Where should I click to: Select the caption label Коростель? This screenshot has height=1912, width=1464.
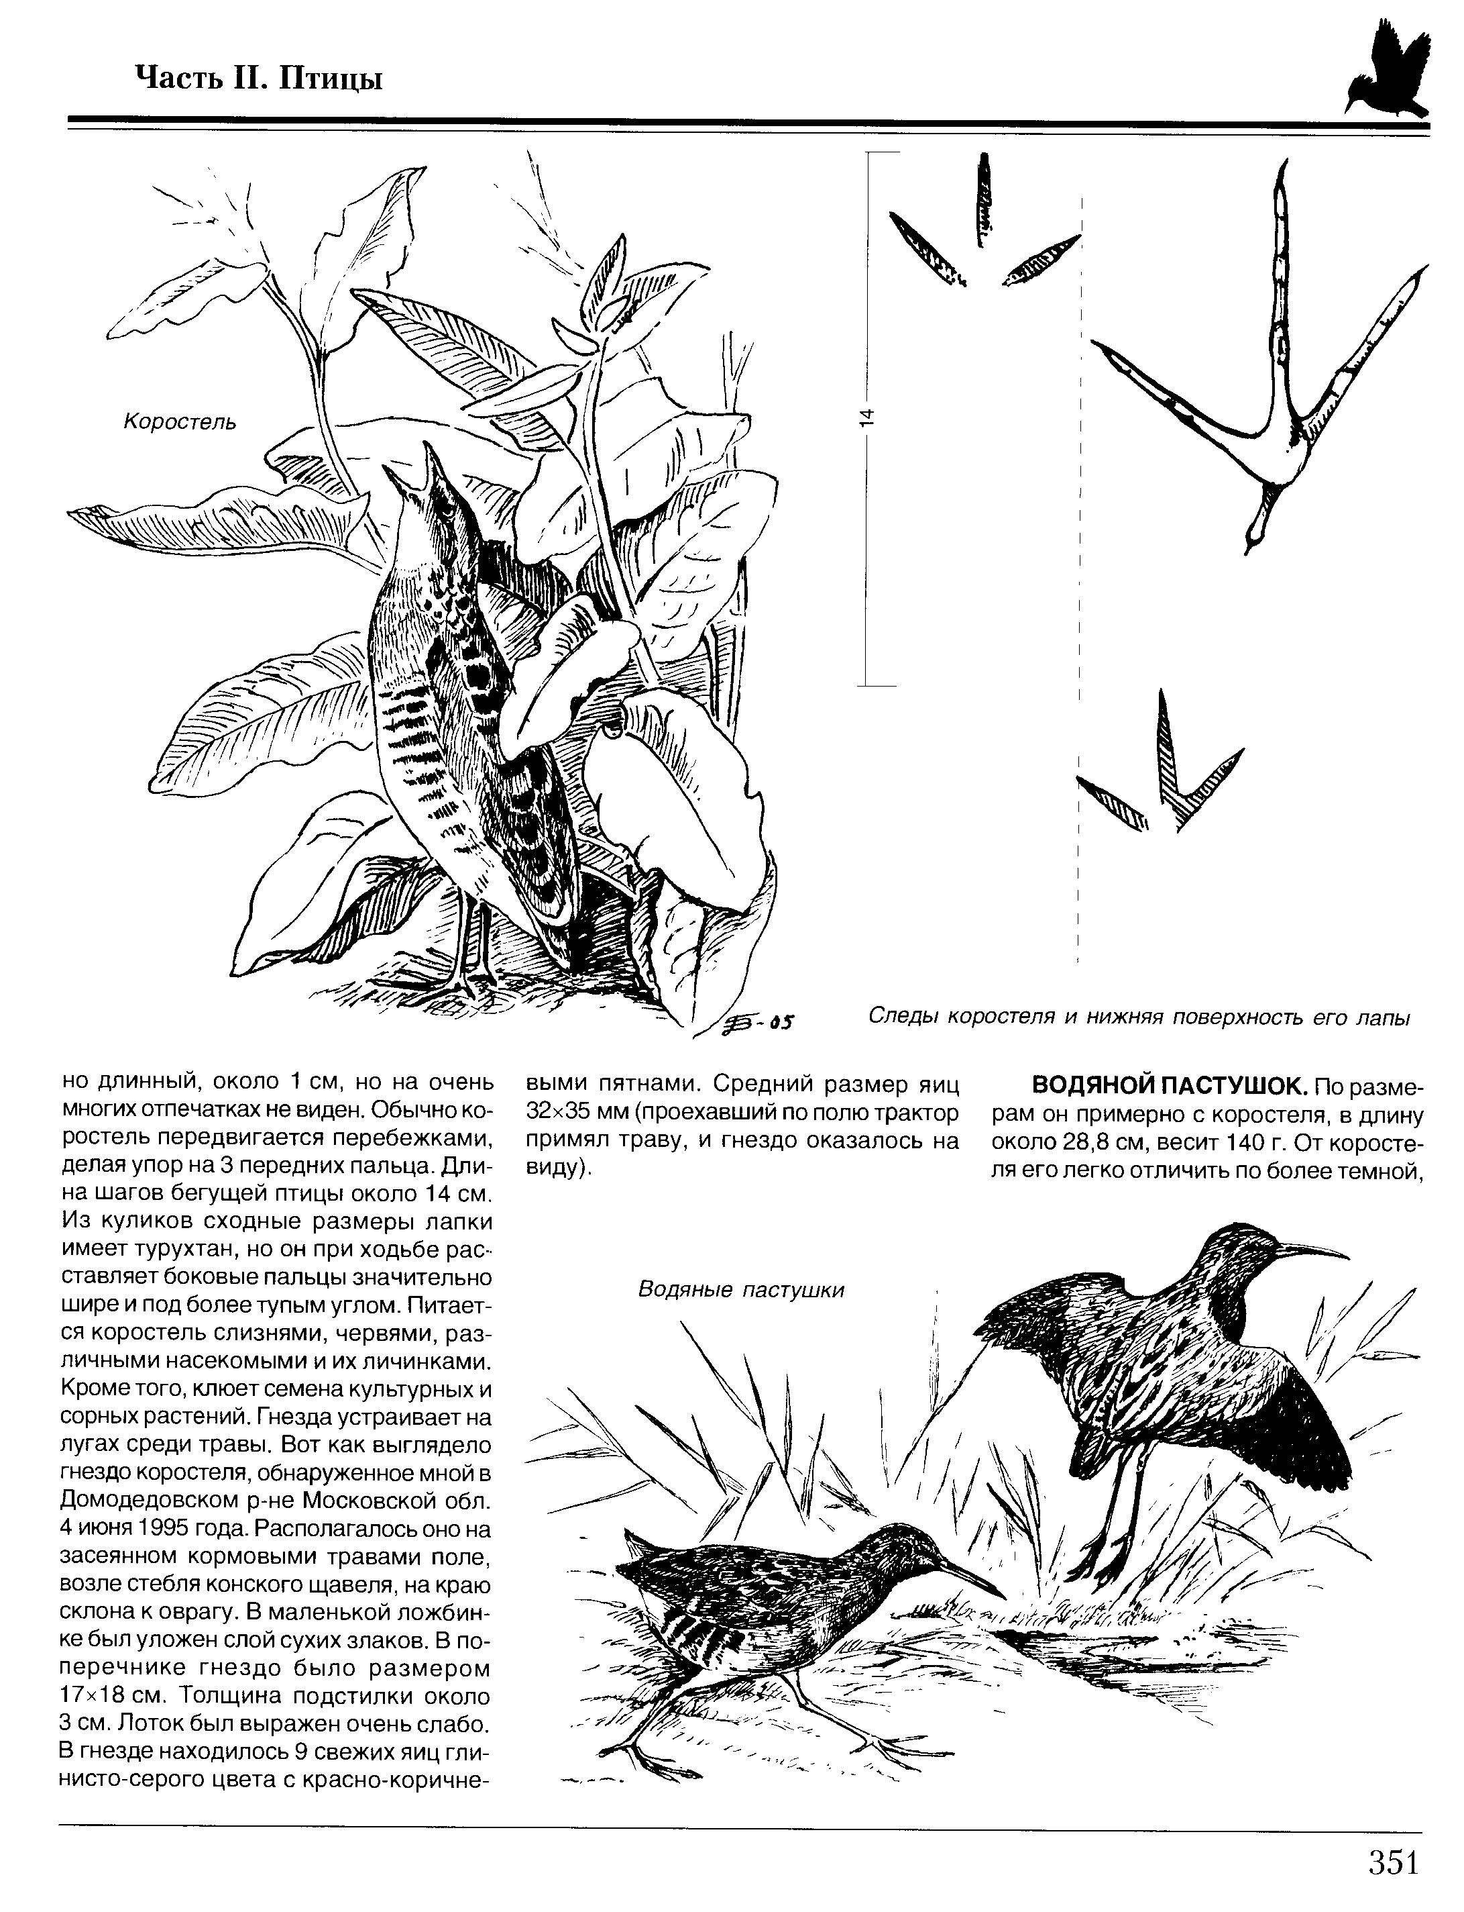click(180, 422)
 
